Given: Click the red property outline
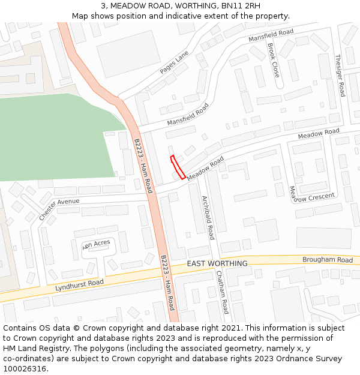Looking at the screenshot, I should pyautogui.click(x=178, y=167).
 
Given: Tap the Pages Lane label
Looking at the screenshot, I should pyautogui.click(x=174, y=62).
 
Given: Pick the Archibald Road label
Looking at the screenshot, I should pyautogui.click(x=208, y=217).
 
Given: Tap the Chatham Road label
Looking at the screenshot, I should pyautogui.click(x=222, y=292).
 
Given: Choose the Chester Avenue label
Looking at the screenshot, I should pyautogui.click(x=59, y=209).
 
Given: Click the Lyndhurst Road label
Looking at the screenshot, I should pyautogui.click(x=79, y=285).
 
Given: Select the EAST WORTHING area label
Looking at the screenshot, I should pyautogui.click(x=217, y=263).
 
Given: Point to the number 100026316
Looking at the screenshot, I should pyautogui.click(x=25, y=368).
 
